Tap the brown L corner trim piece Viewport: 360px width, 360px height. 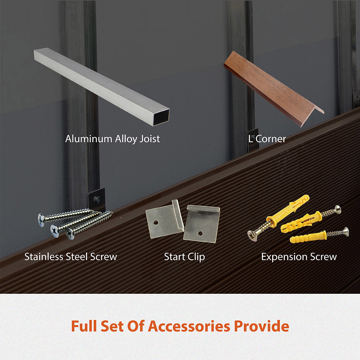click(273, 89)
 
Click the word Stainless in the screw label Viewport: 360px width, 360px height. click(44, 257)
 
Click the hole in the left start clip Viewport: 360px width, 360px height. click(156, 223)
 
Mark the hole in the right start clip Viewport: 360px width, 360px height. click(200, 234)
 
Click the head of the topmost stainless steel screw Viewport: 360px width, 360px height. click(41, 220)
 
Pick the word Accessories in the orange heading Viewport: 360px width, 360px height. click(189, 326)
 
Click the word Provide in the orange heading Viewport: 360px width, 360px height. click(261, 326)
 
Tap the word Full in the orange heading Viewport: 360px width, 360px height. click(84, 326)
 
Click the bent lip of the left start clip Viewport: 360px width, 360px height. click(178, 215)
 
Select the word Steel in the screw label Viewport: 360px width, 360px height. click(77, 257)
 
